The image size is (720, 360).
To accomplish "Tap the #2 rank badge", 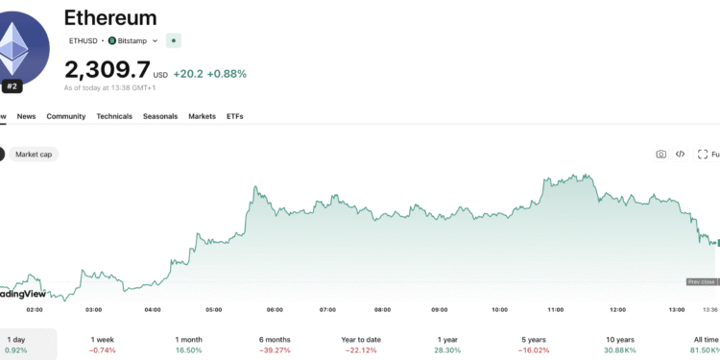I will click(x=13, y=85).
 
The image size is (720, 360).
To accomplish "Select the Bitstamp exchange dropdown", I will click(x=133, y=41).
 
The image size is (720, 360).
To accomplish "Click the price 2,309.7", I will click(x=107, y=70).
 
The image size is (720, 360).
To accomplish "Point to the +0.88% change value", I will click(x=227, y=73).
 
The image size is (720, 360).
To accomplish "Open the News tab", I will click(x=26, y=116).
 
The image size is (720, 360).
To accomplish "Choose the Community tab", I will click(x=66, y=116).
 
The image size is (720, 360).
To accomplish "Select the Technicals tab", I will click(x=114, y=116).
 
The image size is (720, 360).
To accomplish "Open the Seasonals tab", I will click(x=160, y=116).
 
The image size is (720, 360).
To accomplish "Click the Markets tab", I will click(x=202, y=116).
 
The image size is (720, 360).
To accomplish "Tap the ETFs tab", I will click(x=235, y=116).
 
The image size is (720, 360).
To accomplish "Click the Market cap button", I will click(x=34, y=154).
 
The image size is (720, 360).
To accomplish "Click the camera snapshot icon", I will click(x=660, y=154).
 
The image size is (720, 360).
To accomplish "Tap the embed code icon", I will click(x=680, y=154).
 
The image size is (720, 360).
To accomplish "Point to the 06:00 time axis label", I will click(x=274, y=310).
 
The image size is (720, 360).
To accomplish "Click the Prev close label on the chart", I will click(x=700, y=281).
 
